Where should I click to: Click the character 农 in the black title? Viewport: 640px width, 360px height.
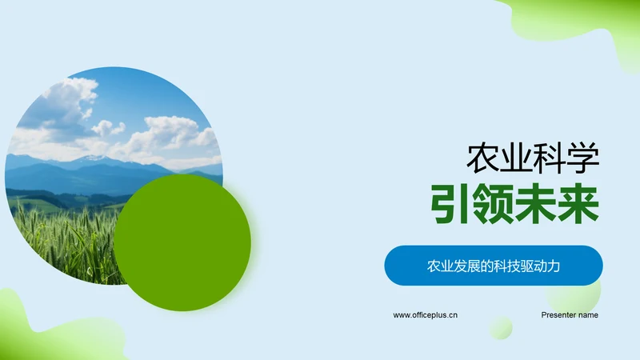click(x=483, y=158)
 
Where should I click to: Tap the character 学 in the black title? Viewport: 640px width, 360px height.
click(x=583, y=158)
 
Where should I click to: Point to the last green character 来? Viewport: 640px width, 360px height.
click(x=578, y=204)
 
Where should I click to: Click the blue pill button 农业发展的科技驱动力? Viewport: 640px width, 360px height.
click(x=494, y=266)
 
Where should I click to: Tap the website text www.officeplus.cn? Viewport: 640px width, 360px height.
click(x=426, y=315)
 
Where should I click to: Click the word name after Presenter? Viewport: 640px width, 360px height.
click(x=588, y=315)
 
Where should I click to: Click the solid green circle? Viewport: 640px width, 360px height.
click(x=182, y=243)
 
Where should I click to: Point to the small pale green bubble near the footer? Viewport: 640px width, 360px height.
click(x=501, y=327)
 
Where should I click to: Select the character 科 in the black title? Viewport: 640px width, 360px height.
click(x=550, y=158)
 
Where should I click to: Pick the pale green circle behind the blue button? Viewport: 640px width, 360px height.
click(x=574, y=292)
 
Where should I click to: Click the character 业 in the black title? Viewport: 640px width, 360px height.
click(x=516, y=158)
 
